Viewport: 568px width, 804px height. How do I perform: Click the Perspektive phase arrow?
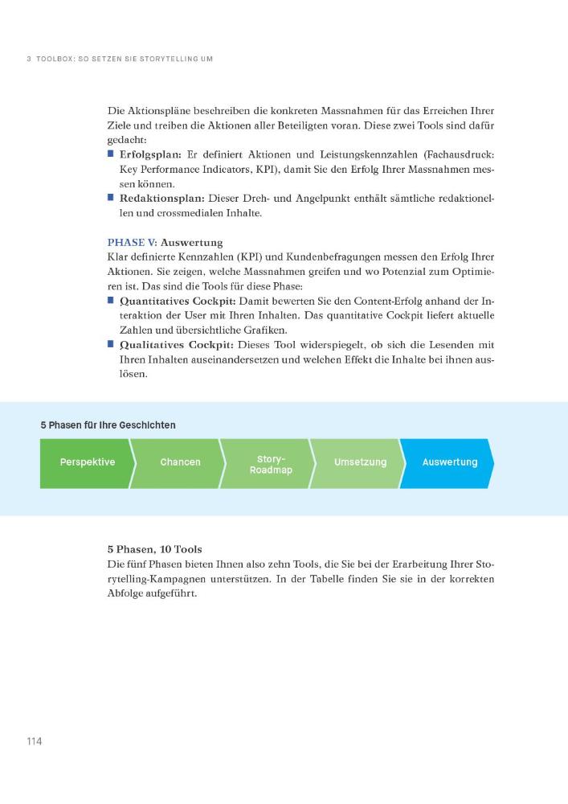pos(87,462)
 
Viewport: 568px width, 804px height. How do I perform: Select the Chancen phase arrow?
pos(180,462)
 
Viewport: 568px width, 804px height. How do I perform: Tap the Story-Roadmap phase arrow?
pos(271,464)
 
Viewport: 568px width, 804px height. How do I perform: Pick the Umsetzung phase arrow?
pos(360,462)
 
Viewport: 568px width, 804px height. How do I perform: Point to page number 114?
pos(33,740)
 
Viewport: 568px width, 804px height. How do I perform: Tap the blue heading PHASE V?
pos(132,242)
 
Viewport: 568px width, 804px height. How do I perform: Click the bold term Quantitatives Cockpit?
pos(177,301)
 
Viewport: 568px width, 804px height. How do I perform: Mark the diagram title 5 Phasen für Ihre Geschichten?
pos(108,425)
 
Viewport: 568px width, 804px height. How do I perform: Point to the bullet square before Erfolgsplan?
pos(111,154)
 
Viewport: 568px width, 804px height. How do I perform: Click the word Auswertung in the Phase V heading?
pos(191,242)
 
